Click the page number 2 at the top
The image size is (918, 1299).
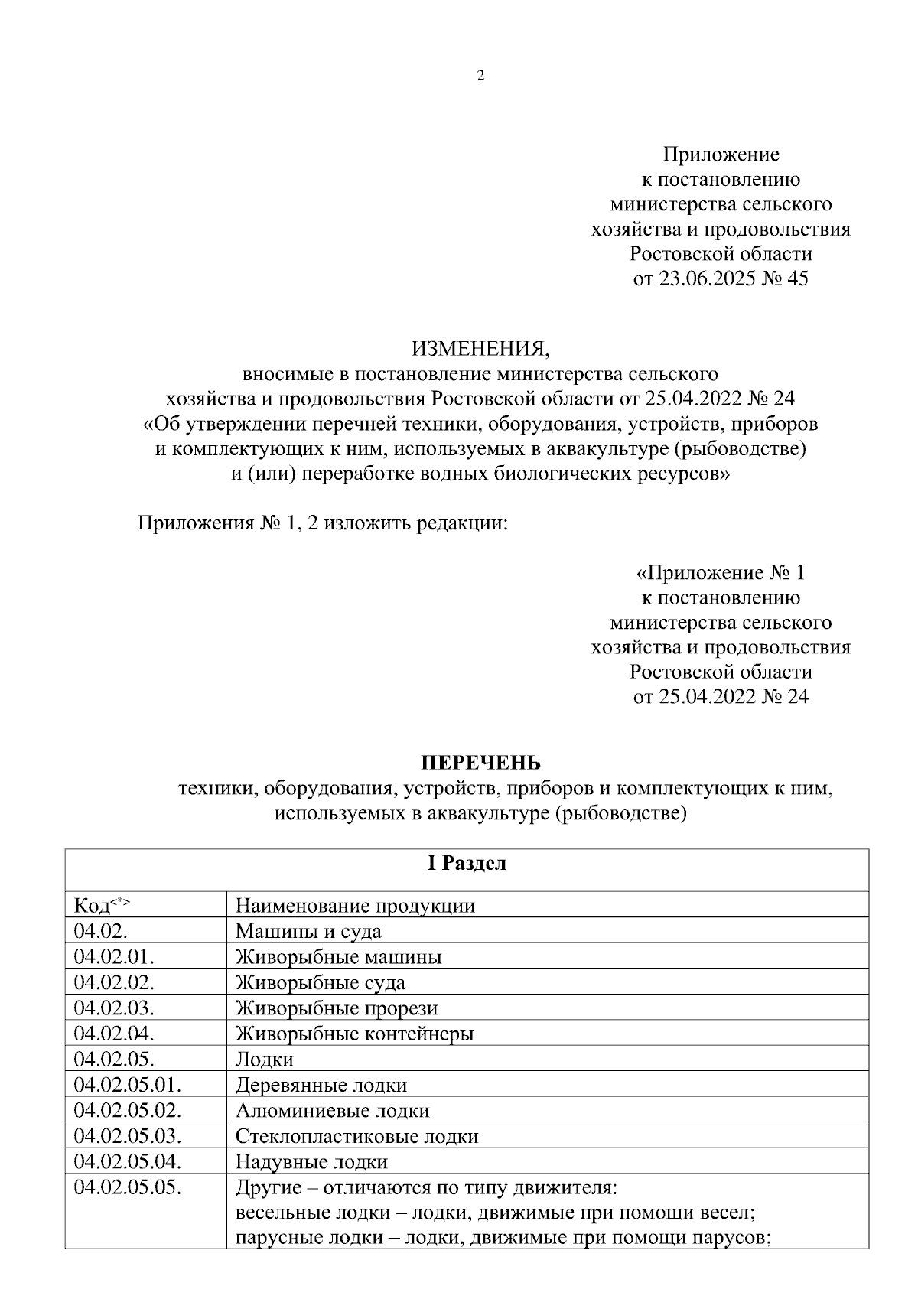coord(480,76)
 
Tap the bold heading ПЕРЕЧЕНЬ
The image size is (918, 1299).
coord(480,763)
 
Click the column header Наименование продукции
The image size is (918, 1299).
coord(355,906)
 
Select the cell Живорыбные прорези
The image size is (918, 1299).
coord(337,1008)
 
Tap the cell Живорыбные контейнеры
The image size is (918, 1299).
coord(354,1034)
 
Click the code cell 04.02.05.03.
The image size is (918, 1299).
coord(127,1136)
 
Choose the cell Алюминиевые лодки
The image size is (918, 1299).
coord(332,1110)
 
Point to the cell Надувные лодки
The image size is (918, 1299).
coord(311,1162)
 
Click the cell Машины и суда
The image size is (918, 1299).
coord(308,931)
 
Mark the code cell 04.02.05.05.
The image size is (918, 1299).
coord(127,1188)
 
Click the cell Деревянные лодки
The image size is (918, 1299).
coord(321,1085)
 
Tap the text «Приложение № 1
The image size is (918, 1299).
coord(720,572)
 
